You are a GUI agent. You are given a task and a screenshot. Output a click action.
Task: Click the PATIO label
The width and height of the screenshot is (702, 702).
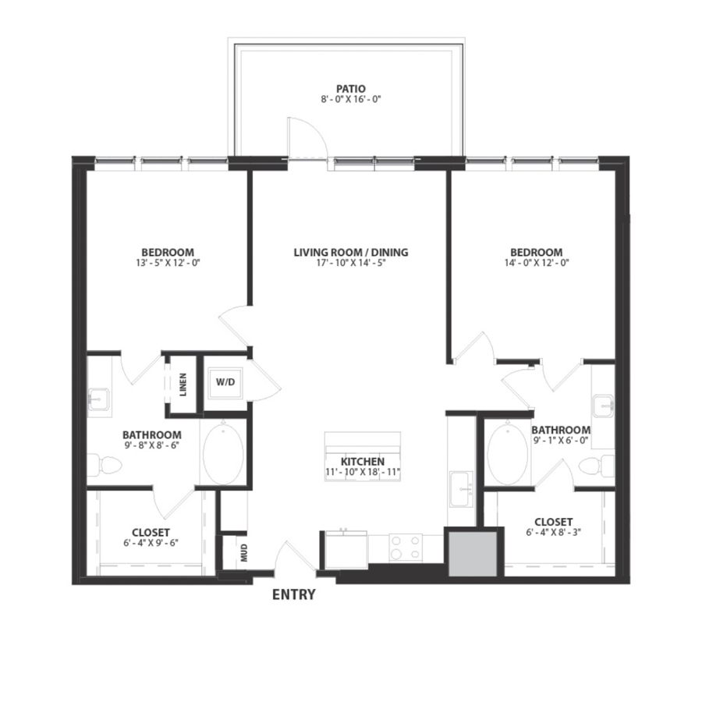(x=350, y=89)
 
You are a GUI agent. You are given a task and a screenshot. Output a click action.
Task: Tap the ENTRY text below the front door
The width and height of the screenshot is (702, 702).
(x=293, y=595)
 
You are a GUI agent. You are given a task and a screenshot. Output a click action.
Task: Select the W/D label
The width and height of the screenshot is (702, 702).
(x=225, y=383)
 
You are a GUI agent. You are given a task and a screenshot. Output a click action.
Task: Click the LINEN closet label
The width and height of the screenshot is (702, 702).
(x=183, y=384)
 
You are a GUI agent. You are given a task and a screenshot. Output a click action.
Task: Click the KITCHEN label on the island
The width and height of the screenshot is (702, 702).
(x=362, y=462)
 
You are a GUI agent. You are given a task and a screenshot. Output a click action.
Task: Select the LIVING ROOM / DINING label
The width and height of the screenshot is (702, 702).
(x=351, y=253)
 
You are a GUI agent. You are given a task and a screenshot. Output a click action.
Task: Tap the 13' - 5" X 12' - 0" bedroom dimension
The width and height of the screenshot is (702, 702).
(x=167, y=264)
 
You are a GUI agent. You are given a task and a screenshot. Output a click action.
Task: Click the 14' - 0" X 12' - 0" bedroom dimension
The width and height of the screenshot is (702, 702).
(x=536, y=264)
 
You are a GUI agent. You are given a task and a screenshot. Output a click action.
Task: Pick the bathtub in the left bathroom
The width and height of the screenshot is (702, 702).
(x=222, y=454)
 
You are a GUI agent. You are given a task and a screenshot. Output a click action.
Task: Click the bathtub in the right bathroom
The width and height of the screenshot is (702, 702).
(x=508, y=454)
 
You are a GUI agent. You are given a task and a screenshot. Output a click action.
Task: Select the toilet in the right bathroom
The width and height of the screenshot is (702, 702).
(x=597, y=466)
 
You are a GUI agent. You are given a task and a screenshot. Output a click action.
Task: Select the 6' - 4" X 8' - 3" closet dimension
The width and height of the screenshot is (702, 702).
(x=554, y=533)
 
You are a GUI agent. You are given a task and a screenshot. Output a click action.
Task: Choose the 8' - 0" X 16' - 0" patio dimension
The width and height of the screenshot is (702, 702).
(x=350, y=100)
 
